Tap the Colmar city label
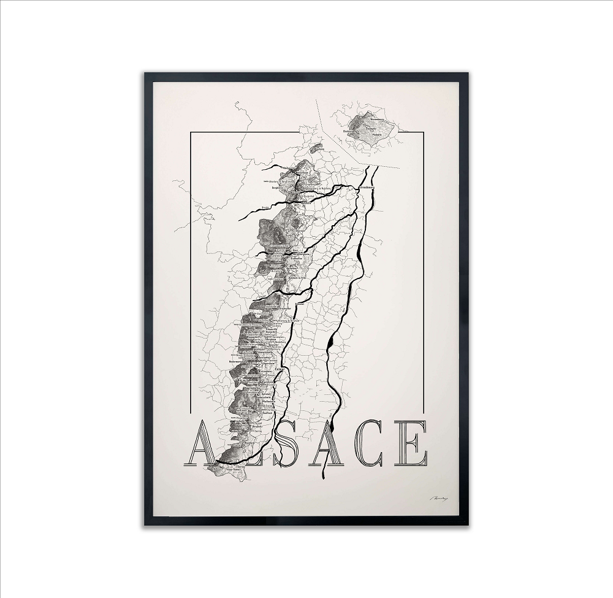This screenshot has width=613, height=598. (281, 369)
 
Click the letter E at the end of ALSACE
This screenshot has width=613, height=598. (411, 444)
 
